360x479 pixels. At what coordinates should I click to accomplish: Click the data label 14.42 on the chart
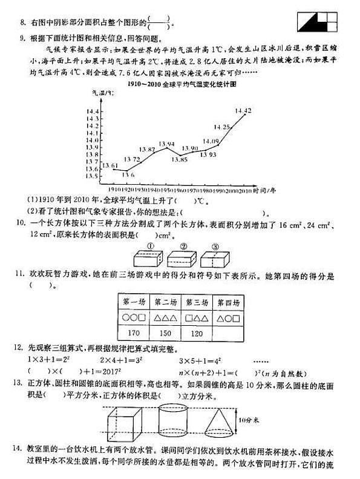pyautogui.click(x=243, y=111)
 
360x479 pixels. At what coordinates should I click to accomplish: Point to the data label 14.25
pyautogui.click(x=223, y=127)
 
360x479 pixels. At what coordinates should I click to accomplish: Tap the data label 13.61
pyautogui.click(x=110, y=165)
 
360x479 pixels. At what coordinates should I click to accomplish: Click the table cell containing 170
pyautogui.click(x=134, y=332)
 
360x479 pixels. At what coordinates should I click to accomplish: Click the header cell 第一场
pyautogui.click(x=134, y=302)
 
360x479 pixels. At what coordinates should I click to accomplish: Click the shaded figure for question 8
pyautogui.click(x=316, y=22)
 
